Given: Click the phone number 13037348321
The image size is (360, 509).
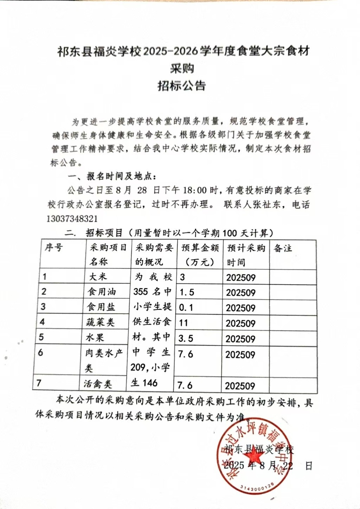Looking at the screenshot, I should (72, 219).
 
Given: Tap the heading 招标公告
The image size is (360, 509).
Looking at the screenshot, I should (181, 85).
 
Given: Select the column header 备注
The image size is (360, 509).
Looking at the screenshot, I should (283, 248).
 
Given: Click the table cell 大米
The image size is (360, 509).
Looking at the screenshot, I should (98, 276).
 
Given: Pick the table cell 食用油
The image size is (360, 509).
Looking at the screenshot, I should (102, 292).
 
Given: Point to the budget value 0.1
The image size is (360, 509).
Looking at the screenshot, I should (186, 307).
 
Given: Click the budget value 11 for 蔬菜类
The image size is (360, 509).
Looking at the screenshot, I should (184, 323).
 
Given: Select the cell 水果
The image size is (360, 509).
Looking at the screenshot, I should (95, 338).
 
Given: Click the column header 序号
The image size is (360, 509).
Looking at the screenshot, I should (53, 248).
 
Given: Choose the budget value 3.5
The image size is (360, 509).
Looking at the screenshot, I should (186, 338).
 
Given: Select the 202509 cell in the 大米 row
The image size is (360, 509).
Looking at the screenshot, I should (241, 277).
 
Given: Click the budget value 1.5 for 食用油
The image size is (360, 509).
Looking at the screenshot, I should (187, 292).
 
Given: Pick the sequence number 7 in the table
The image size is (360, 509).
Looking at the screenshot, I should (39, 383).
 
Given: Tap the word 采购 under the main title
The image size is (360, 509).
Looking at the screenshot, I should (182, 68).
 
